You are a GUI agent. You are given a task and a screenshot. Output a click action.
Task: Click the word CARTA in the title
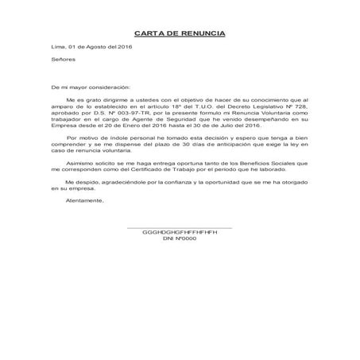coord(145,33)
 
